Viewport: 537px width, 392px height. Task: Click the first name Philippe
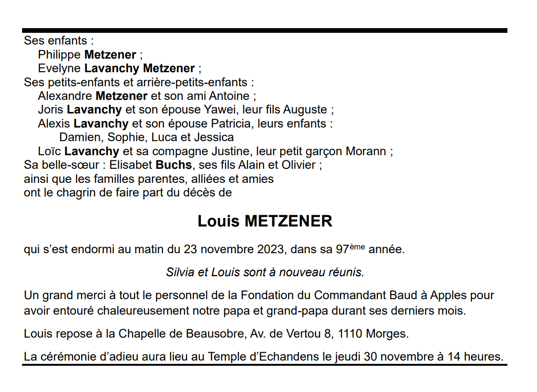point(59,55)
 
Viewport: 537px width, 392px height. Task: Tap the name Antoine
point(229,96)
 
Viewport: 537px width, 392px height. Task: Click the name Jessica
point(214,137)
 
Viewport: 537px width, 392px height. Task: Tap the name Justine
point(232,151)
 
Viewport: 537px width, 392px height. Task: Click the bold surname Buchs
point(174,165)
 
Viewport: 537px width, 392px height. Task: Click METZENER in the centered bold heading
point(289,221)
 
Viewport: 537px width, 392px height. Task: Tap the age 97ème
point(351,249)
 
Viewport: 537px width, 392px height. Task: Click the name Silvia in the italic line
point(180,272)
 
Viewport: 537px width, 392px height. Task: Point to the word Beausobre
point(214,334)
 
